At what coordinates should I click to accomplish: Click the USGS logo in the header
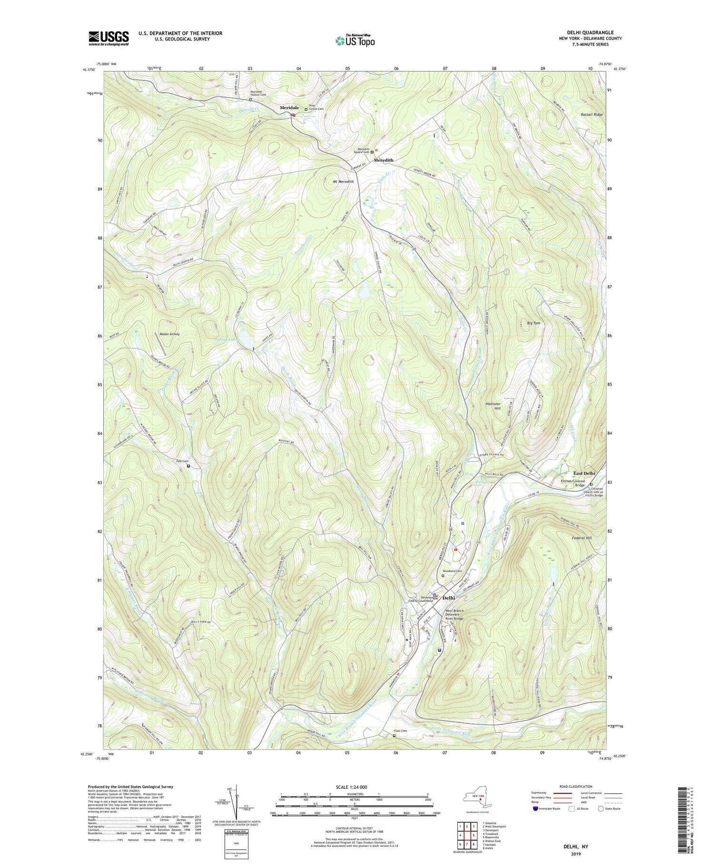pos(109,38)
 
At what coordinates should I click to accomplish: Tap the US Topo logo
pos(355,41)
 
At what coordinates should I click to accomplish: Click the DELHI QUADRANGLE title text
pos(590,32)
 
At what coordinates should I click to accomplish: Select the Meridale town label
pos(289,108)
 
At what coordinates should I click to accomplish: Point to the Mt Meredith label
pos(343,182)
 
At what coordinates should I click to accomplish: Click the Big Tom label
pos(534,323)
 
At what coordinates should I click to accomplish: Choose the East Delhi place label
pos(584,473)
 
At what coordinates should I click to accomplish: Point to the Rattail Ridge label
pos(592,115)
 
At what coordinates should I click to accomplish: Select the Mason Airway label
pos(169,334)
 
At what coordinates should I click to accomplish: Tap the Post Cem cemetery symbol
pos(188,466)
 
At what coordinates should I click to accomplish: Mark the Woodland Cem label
pos(452,570)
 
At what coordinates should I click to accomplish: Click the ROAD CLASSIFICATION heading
pos(576,786)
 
